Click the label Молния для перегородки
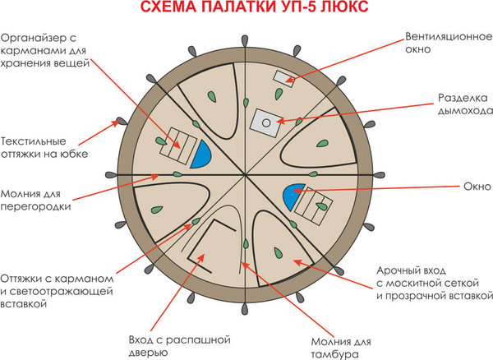click(36, 199)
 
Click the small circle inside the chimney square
click(265, 122)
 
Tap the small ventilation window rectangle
click(284, 79)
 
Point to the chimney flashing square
click(265, 122)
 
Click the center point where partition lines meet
click(246, 174)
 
